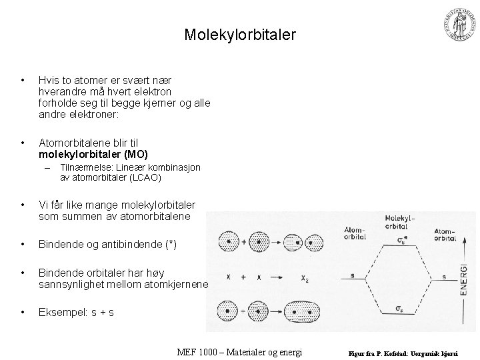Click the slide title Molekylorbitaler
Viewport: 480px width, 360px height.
(239, 35)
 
